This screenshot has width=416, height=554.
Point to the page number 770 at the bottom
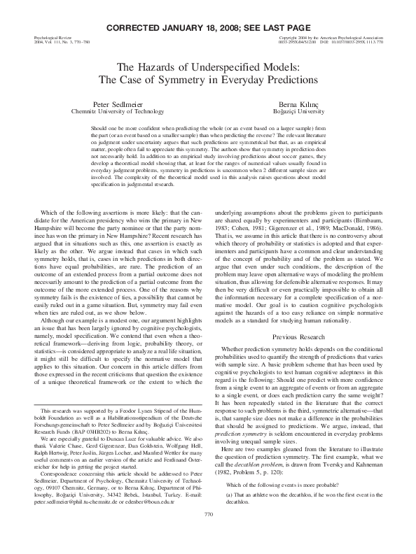click(207, 534)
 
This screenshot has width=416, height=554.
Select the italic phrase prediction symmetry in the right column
click(247, 433)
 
